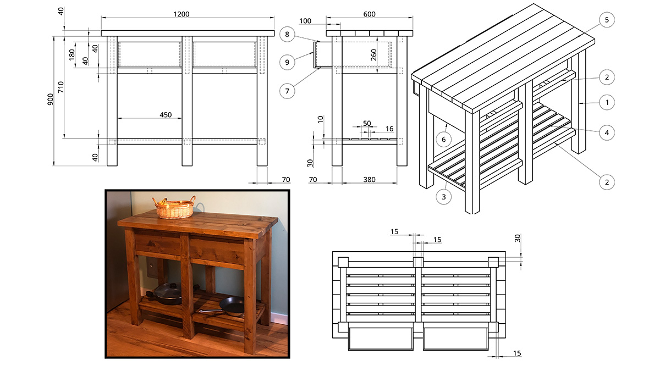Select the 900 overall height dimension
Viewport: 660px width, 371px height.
pyautogui.click(x=50, y=99)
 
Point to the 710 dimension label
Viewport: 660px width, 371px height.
pyautogui.click(x=61, y=86)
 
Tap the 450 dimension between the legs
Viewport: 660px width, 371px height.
pyautogui.click(x=166, y=115)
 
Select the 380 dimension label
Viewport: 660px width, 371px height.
pyautogui.click(x=370, y=179)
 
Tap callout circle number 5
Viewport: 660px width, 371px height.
pyautogui.click(x=606, y=20)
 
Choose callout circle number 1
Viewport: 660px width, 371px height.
pyautogui.click(x=606, y=102)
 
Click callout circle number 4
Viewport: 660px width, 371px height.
pyautogui.click(x=606, y=132)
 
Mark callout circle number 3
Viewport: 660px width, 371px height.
pyautogui.click(x=444, y=195)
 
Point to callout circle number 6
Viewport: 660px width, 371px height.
pyautogui.click(x=444, y=140)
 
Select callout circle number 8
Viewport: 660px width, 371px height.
pyautogui.click(x=287, y=34)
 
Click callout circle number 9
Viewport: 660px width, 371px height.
pyautogui.click(x=287, y=62)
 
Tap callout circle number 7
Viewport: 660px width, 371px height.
pyautogui.click(x=287, y=90)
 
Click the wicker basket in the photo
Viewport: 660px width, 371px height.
pyautogui.click(x=175, y=208)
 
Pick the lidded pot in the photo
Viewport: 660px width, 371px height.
pyautogui.click(x=167, y=294)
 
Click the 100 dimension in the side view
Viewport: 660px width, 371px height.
pyautogui.click(x=306, y=21)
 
